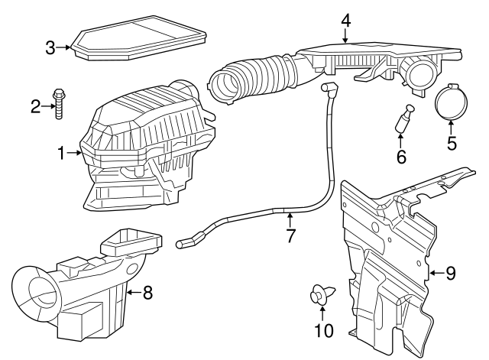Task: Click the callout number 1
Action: tap(62, 154)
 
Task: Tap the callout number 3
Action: tap(50, 47)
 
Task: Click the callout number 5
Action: tap(451, 142)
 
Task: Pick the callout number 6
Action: tap(400, 157)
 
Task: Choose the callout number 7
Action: tap(290, 236)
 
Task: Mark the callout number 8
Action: tap(147, 291)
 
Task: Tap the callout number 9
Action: tap(451, 271)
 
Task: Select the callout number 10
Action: tap(321, 331)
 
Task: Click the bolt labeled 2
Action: tap(58, 104)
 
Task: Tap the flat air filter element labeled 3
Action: tap(141, 41)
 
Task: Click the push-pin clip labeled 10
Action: tap(320, 294)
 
